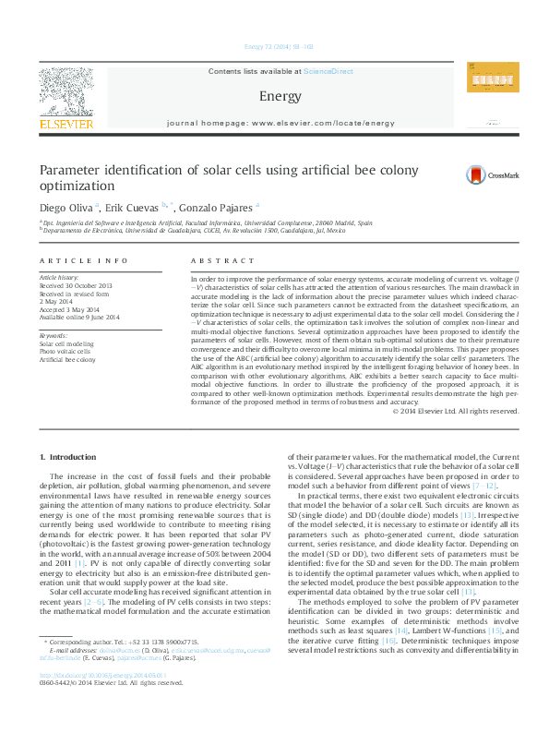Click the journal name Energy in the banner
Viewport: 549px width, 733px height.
point(274,96)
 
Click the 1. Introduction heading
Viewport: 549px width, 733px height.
point(70,458)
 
